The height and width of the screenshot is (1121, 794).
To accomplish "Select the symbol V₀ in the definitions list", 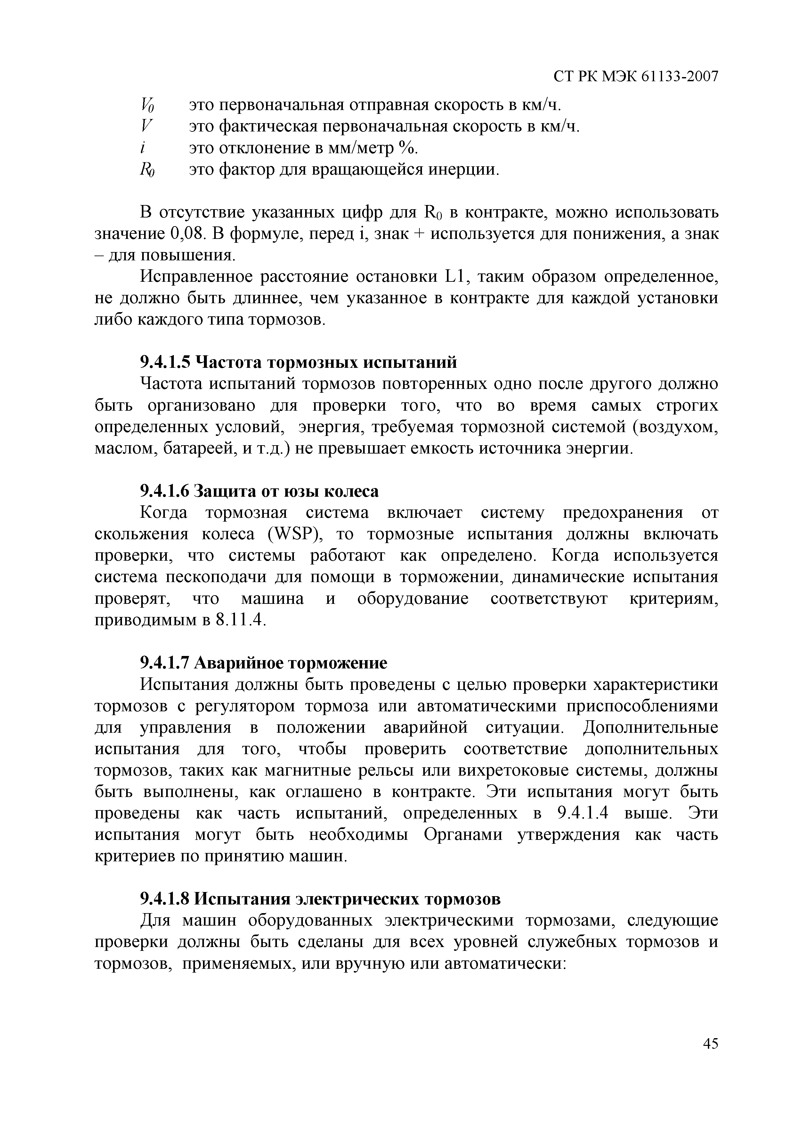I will pos(147,105).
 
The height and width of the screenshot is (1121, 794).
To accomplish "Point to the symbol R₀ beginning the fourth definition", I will pos(147,170).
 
